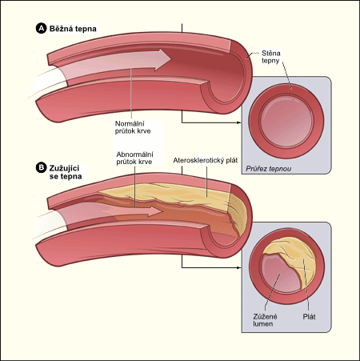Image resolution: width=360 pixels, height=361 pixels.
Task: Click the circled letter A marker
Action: (x=41, y=29)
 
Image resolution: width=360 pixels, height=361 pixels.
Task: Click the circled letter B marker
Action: (x=41, y=168)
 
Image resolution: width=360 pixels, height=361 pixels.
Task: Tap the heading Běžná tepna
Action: (x=73, y=29)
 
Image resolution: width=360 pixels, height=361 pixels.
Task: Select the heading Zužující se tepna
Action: (x=66, y=172)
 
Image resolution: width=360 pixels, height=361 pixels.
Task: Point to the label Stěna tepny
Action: (x=270, y=57)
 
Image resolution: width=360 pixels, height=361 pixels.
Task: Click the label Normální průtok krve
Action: (x=133, y=127)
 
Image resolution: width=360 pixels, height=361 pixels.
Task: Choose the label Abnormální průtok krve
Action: (x=134, y=158)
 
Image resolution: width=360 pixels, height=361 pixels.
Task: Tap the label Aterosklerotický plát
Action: (x=206, y=160)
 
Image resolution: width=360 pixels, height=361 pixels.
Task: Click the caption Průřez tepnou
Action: (x=268, y=169)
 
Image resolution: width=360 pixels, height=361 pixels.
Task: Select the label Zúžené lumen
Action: (x=265, y=320)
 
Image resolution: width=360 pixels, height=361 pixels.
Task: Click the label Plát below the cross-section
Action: (x=309, y=317)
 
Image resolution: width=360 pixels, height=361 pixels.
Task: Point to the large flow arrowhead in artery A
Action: (x=162, y=59)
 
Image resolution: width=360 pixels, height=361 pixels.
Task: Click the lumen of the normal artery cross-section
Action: (x=286, y=122)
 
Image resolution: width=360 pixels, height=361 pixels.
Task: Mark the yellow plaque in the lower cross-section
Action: (x=296, y=259)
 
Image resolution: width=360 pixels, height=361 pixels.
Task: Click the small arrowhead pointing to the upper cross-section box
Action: (x=239, y=122)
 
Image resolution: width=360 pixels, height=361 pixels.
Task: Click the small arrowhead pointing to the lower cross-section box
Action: (x=239, y=267)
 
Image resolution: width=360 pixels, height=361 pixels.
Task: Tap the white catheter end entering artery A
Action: (x=48, y=80)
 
